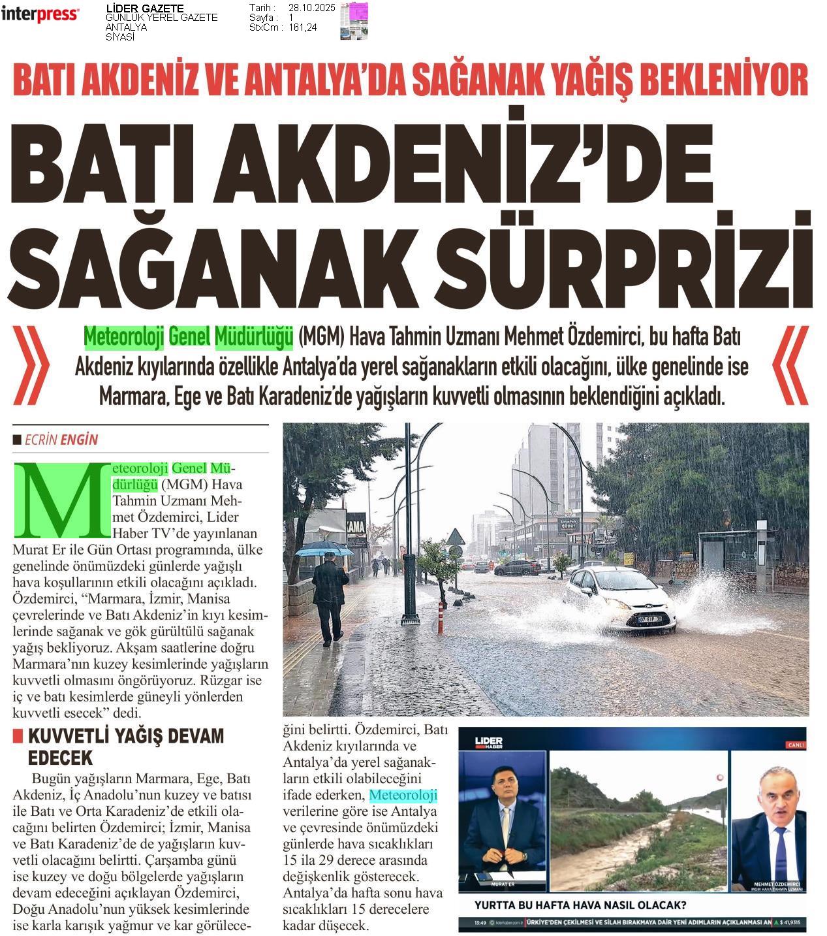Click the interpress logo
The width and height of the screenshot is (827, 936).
tap(40, 14)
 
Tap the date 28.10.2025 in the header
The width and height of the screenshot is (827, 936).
tap(311, 7)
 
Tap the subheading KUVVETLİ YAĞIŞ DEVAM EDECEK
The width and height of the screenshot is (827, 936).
tap(124, 747)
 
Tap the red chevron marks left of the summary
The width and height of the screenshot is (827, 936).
tap(31, 366)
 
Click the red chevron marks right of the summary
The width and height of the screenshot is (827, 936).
tap(790, 366)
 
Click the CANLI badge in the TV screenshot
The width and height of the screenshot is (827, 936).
tap(796, 745)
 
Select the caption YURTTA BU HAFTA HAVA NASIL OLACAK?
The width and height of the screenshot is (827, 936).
tap(580, 905)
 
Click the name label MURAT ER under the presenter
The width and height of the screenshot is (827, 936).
tap(501, 884)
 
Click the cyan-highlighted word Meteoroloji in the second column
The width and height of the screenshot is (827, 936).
tap(403, 795)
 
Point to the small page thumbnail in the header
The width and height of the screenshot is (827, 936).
tap(354, 20)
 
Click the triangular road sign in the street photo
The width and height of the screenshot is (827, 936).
tap(456, 537)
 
